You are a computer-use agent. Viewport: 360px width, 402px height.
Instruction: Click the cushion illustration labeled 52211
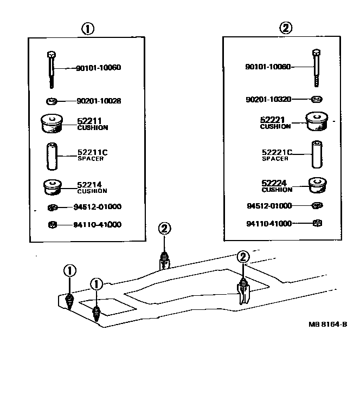52,124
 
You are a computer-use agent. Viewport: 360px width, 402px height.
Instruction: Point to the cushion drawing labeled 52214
53,187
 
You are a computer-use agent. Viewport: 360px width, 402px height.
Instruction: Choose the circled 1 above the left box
86,29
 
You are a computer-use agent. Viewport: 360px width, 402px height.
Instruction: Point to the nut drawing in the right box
318,223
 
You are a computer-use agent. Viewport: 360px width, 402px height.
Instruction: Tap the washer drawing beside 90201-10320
316,99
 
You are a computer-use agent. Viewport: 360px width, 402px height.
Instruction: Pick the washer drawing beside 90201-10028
52,100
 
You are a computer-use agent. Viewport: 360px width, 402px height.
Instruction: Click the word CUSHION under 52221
275,126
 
